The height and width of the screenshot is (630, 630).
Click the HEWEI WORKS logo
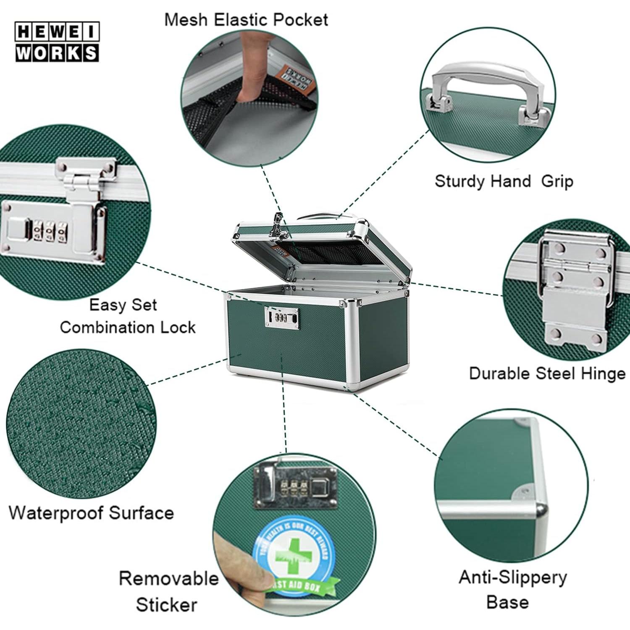click(x=57, y=42)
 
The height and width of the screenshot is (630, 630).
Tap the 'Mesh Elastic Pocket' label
click(x=246, y=20)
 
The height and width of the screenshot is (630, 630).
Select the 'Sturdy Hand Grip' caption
click(x=504, y=181)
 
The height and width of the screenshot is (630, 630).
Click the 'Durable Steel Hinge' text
click(x=547, y=373)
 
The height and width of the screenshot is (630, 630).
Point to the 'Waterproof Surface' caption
click(x=91, y=513)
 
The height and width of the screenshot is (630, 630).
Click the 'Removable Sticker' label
click(x=168, y=591)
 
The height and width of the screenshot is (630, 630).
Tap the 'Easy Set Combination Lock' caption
click(x=127, y=316)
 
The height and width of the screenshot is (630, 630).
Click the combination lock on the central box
click(x=282, y=317)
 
